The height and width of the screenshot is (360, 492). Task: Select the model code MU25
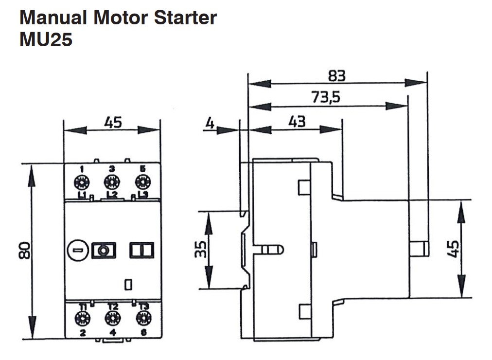(x=46, y=39)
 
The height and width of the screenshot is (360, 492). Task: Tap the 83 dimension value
(x=336, y=75)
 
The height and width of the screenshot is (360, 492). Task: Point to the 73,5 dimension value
(x=326, y=97)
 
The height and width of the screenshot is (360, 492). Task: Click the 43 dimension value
(x=297, y=121)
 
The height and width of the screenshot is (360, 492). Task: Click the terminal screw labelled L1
(x=82, y=182)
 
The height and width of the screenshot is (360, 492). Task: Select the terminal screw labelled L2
(x=112, y=182)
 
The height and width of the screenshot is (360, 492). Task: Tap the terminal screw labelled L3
(x=142, y=182)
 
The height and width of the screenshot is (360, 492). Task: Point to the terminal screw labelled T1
(x=82, y=318)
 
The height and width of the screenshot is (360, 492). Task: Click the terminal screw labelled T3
(x=142, y=318)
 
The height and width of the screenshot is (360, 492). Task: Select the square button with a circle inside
(x=103, y=250)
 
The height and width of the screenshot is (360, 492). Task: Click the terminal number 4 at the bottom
(x=112, y=333)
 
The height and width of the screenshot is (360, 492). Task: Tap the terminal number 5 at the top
(x=142, y=169)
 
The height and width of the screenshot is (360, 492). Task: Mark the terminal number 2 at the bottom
(x=82, y=333)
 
